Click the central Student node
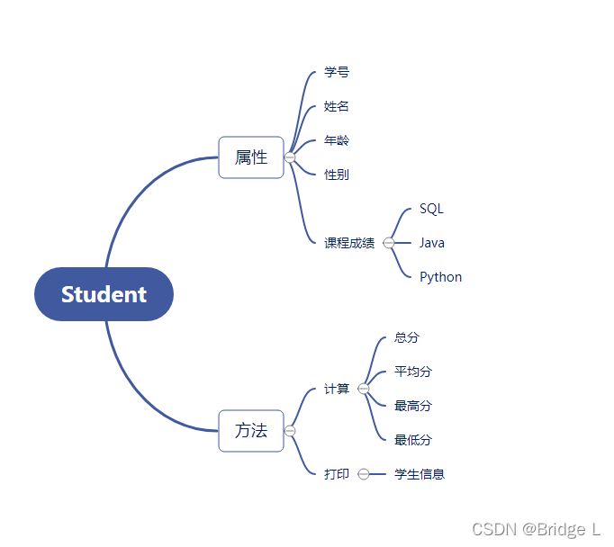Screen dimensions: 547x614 pyautogui.click(x=104, y=294)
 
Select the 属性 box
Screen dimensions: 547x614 pyautogui.click(x=251, y=157)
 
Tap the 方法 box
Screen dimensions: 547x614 pyautogui.click(x=251, y=431)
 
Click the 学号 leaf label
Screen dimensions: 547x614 pyautogui.click(x=337, y=72)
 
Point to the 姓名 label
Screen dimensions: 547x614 pyautogui.click(x=337, y=106)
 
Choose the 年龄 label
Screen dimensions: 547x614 pyautogui.click(x=337, y=140)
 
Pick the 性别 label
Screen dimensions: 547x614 pyautogui.click(x=337, y=175)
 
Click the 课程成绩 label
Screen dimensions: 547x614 pyautogui.click(x=349, y=243)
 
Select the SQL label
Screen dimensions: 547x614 pyautogui.click(x=431, y=209)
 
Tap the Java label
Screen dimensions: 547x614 pyautogui.click(x=432, y=243)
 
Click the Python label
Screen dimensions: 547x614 pyautogui.click(x=440, y=277)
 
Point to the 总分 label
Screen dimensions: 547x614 pyautogui.click(x=407, y=338)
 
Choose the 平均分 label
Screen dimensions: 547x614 pyautogui.click(x=413, y=372)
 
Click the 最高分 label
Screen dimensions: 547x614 pyautogui.click(x=413, y=406)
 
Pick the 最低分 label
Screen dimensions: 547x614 pyautogui.click(x=413, y=440)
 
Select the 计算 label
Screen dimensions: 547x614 pyautogui.click(x=337, y=389)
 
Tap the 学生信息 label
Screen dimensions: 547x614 pyautogui.click(x=420, y=474)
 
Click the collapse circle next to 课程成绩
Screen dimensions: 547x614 pyautogui.click(x=389, y=243)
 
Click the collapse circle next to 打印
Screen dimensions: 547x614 pyautogui.click(x=364, y=474)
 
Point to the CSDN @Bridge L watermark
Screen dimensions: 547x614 pyautogui.click(x=536, y=529)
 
